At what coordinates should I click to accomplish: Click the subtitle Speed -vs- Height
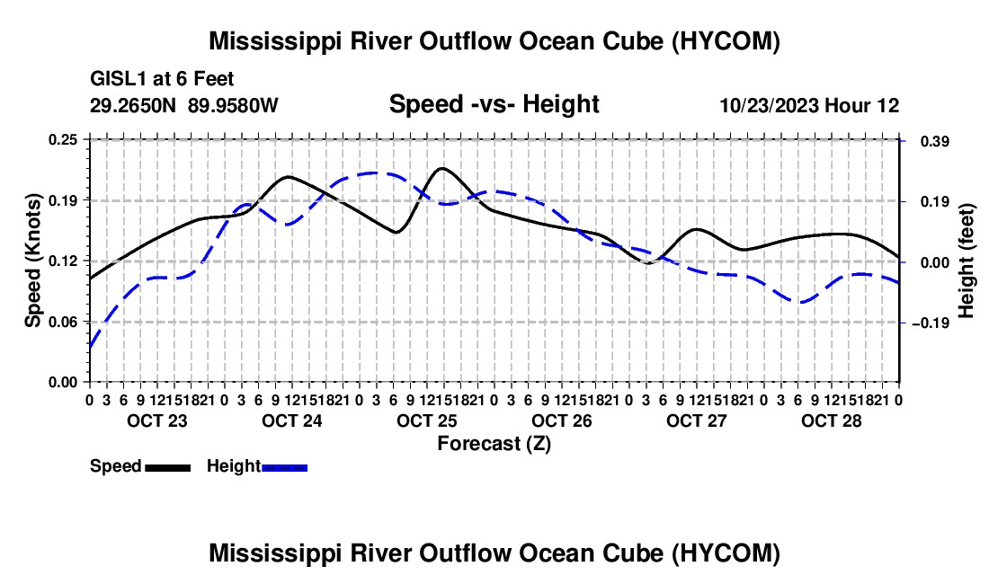pos(494,104)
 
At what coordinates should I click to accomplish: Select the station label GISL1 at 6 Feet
pos(162,79)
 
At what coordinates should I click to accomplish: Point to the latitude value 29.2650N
pos(133,105)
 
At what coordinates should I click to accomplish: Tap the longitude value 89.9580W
pos(233,105)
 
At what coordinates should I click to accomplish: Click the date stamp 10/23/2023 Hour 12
pos(809,105)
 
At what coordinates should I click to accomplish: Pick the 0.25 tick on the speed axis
pos(63,139)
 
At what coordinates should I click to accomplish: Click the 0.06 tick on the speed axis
pos(63,322)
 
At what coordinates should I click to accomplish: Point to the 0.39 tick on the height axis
pos(935,141)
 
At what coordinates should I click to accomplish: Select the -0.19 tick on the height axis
pos(931,323)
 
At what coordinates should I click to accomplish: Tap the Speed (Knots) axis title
pos(32,261)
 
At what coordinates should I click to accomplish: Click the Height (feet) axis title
pos(967,261)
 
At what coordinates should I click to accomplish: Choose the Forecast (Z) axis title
pos(494,444)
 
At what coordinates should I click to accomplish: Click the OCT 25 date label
pos(426,420)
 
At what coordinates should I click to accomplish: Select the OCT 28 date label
pos(832,420)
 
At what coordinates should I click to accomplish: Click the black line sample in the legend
pos(168,468)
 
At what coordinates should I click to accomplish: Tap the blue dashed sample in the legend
pos(284,468)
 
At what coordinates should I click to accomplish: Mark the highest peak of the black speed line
pos(441,168)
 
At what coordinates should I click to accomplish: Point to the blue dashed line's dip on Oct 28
pos(801,303)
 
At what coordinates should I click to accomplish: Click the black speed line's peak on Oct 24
pos(289,176)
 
